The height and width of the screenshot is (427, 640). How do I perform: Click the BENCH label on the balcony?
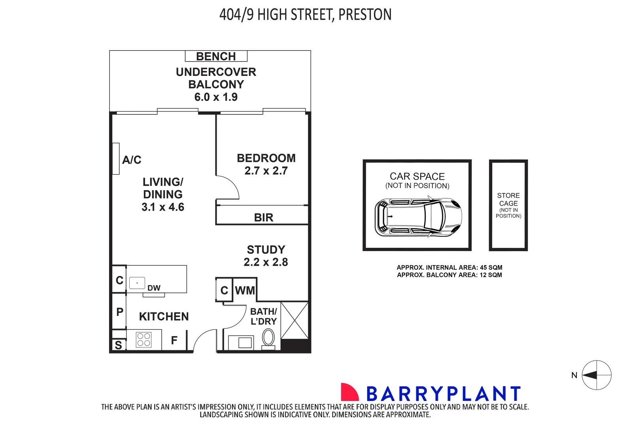[216, 57]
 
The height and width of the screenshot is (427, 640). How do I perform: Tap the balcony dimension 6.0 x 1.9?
[216, 97]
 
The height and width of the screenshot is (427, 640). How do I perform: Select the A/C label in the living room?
[132, 160]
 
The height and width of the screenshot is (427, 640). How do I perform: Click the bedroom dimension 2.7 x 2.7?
[266, 171]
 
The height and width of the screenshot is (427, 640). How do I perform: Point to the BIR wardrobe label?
[263, 217]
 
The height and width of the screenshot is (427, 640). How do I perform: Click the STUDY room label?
[266, 250]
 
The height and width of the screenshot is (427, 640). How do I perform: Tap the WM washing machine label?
[245, 291]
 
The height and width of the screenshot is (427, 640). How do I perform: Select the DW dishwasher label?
[154, 288]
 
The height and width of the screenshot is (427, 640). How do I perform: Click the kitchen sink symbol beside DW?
[137, 283]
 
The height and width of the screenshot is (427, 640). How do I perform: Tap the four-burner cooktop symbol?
[143, 340]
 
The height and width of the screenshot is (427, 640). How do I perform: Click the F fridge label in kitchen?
[174, 340]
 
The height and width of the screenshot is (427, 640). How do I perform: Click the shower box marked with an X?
[295, 320]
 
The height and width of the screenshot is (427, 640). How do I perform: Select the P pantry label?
[120, 312]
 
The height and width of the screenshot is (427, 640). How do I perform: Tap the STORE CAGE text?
[508, 199]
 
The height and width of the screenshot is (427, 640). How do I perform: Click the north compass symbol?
[597, 375]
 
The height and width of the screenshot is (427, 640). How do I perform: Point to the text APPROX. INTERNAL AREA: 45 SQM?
[449, 268]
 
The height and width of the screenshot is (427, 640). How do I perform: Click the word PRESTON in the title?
[365, 15]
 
